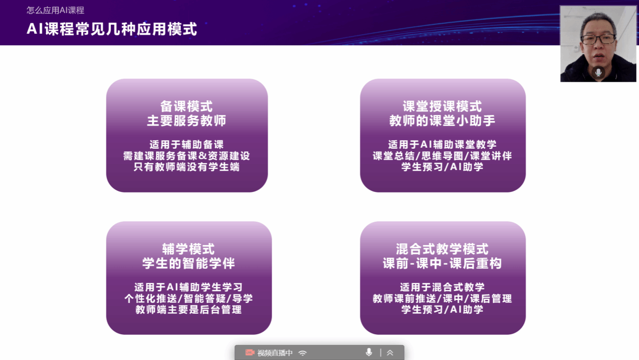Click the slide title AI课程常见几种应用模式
coord(112,29)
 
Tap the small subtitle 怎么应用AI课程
coord(55,10)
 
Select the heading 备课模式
coord(186,106)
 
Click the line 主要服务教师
coord(186,121)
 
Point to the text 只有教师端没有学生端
coord(186,167)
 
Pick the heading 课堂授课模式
coord(442,106)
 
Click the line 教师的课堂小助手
coord(442,121)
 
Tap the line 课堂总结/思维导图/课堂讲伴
coord(442,156)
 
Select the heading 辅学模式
coord(188,249)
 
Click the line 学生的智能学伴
coord(188,263)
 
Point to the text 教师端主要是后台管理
coord(188,310)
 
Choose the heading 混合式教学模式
coord(442,249)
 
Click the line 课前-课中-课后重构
coord(442,263)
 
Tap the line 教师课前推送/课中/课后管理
coord(442,298)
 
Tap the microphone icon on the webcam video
coord(599,73)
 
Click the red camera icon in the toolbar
coord(249,352)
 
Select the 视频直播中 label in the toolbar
coord(275,353)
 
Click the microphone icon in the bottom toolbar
coord(369,352)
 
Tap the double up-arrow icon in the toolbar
coord(390,353)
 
